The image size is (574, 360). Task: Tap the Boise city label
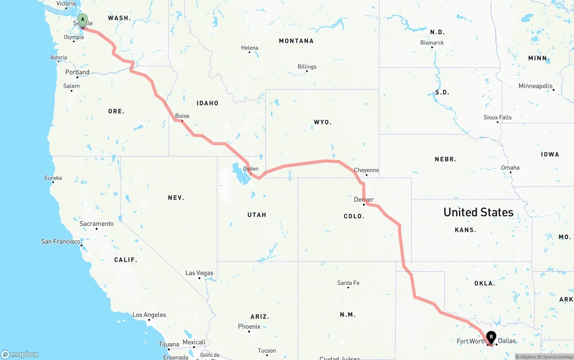coord(182,116)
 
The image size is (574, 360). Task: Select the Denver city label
coord(364,200)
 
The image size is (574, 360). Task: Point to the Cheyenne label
coord(366,170)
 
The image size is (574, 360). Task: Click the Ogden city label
coord(251,169)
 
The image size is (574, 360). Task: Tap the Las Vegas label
coord(200,273)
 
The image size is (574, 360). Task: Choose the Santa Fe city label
coord(348,283)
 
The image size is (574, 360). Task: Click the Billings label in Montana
coord(307,67)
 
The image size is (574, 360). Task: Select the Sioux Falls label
coord(497,117)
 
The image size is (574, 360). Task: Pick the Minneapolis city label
coord(535,86)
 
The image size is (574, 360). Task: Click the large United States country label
coord(478,212)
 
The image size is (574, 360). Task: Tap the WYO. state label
coord(322,122)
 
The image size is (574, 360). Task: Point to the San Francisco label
coord(61,242)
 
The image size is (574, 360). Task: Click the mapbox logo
coord(20,354)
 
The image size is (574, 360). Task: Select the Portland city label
coord(77,72)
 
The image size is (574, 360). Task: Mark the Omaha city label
coord(510,168)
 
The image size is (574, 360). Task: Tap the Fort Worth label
coord(471,342)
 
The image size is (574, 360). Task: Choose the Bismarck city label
coord(432,43)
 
